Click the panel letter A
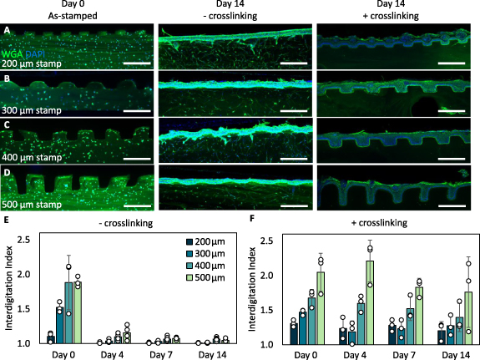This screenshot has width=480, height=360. click(7, 30)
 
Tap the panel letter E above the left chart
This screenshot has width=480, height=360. click(6, 223)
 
